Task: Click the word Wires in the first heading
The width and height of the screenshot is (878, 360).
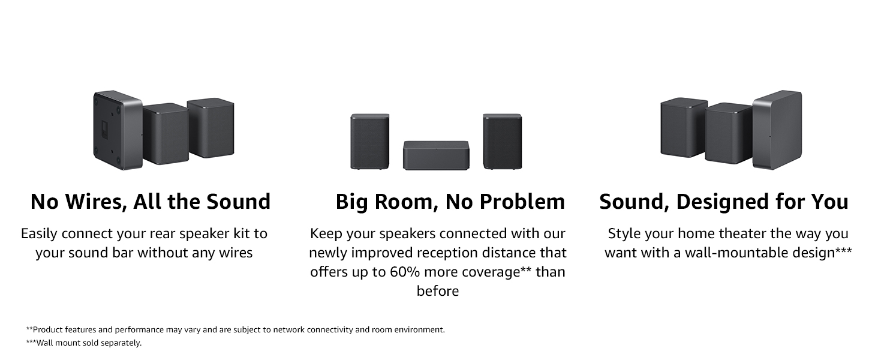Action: point(92,202)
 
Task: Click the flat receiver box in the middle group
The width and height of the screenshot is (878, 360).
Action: point(436,155)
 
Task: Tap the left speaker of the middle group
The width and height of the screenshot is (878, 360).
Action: point(369,141)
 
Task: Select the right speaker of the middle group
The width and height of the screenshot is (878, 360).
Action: point(503,141)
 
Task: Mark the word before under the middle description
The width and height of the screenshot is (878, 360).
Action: point(438,291)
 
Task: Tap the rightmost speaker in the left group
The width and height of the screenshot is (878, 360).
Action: point(211,128)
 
